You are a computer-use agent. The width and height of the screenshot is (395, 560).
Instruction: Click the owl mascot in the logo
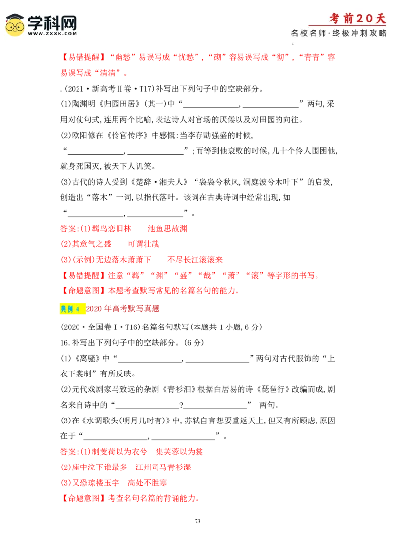(15, 25)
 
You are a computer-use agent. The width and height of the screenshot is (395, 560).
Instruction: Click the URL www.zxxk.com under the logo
(52, 34)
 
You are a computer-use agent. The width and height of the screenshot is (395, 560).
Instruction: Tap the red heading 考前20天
(357, 19)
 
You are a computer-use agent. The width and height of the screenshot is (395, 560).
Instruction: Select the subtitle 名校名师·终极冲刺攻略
(338, 33)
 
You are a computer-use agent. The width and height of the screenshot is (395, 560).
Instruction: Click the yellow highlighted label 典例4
(73, 309)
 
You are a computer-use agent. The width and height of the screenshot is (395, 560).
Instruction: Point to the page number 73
(197, 521)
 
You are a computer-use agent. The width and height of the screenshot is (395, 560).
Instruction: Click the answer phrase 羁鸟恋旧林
(112, 229)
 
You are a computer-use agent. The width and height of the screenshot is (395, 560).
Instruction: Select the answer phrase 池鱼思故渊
(167, 229)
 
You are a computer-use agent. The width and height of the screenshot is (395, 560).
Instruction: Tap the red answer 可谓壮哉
(143, 244)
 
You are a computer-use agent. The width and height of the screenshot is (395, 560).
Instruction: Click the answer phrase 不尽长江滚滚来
(195, 260)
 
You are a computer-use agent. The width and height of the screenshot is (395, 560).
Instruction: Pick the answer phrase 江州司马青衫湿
(163, 467)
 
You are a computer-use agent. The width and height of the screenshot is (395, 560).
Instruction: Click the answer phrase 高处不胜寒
(147, 483)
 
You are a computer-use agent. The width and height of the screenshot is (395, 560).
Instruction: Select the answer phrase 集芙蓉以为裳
(179, 452)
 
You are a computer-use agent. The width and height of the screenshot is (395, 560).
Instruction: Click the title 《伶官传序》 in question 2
(127, 136)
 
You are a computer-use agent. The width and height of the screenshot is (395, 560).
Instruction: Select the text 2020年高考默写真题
(122, 309)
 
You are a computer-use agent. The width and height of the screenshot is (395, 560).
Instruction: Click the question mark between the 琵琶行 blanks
(181, 405)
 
